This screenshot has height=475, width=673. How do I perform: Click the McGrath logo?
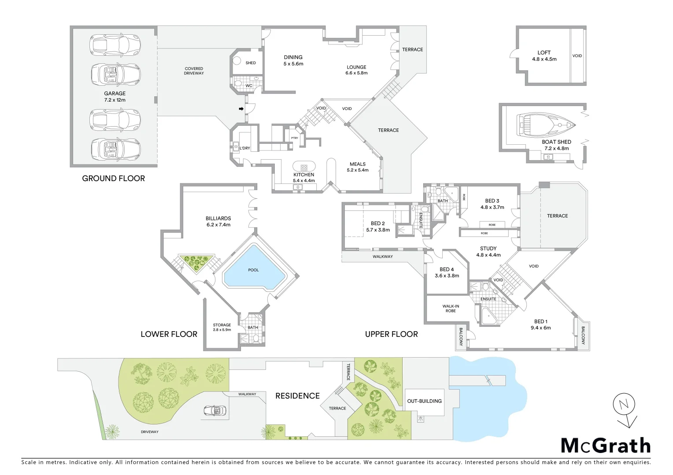click(606, 446)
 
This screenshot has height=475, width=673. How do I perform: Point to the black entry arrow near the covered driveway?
click(241, 109)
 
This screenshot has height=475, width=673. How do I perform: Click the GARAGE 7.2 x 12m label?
click(115, 97)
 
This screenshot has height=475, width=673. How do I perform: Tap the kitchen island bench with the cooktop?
click(304, 167)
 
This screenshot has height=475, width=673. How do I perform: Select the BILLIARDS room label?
click(218, 221)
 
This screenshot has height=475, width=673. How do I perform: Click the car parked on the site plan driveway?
click(214, 411)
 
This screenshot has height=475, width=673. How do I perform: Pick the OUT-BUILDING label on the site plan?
click(424, 401)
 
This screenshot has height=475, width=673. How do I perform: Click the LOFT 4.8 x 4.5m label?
click(544, 56)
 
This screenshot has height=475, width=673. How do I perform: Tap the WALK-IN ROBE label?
click(451, 308)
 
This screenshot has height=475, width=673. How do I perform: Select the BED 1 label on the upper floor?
click(541, 325)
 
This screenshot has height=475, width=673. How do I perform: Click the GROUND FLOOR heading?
click(113, 178)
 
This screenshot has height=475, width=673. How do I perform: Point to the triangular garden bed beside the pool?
click(196, 263)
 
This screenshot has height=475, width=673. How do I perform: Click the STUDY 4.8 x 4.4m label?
click(488, 252)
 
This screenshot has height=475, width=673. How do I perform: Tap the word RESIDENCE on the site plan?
click(297, 396)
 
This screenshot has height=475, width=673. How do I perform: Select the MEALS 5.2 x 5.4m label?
click(358, 167)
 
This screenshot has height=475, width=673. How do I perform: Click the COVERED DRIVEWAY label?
click(194, 71)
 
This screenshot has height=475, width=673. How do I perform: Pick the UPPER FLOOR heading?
click(391, 334)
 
